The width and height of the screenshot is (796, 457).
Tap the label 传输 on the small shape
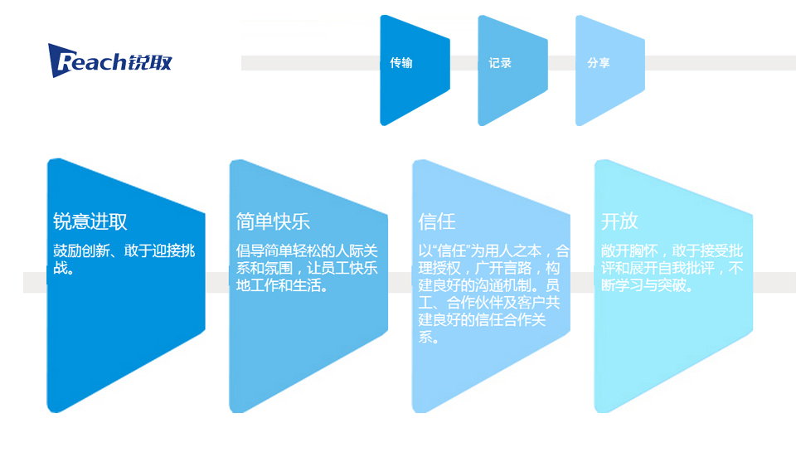401,63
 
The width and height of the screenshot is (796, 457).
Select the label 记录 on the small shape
500,63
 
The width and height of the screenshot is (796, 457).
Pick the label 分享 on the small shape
599,63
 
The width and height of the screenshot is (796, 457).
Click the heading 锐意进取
90,222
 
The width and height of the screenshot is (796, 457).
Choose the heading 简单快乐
273,222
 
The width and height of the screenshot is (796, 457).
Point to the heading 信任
437,222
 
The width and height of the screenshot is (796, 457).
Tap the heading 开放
619,222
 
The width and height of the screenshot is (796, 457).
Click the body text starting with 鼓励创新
124,259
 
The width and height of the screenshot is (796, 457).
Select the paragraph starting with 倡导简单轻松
307,268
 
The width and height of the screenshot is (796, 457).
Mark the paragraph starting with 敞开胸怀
672,268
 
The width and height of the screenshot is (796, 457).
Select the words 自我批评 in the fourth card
697,269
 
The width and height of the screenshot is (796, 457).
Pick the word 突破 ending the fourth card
677,286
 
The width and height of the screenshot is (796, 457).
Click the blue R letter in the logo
61,61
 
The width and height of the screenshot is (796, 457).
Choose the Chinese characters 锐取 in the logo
150,61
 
